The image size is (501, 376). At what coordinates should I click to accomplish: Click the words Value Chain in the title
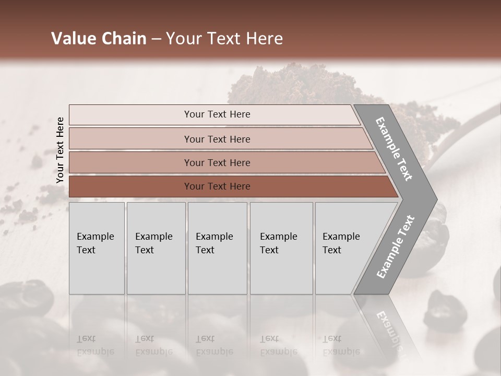(x=99, y=39)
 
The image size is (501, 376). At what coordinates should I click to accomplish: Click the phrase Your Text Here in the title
(x=224, y=39)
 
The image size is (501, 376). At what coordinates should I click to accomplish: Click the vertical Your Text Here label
(x=60, y=150)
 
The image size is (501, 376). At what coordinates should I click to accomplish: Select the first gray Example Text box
(x=97, y=248)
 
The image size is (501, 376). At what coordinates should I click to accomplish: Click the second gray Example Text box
(x=156, y=248)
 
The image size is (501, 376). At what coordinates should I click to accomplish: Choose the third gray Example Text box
(x=217, y=248)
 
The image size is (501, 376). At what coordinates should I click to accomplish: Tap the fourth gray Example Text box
(x=281, y=248)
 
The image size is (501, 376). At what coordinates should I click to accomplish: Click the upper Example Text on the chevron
(x=395, y=149)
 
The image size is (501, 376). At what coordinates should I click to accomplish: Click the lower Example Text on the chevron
(x=395, y=247)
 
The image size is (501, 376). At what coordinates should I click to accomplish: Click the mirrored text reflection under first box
(x=95, y=345)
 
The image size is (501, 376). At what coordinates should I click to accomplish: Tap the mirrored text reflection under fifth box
(x=341, y=345)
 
